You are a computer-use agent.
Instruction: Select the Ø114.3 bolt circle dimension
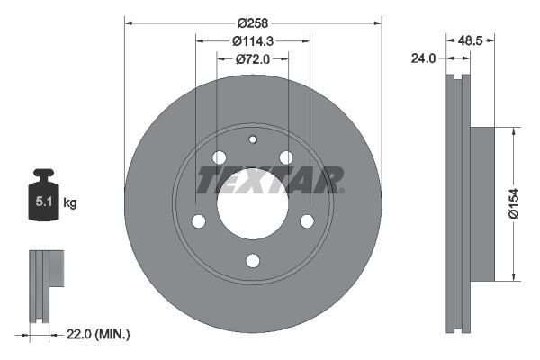[x=253, y=40]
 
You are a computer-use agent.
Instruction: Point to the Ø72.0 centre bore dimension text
[x=253, y=59]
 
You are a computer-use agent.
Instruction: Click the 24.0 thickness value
[x=424, y=58]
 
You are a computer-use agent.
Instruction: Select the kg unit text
[x=70, y=203]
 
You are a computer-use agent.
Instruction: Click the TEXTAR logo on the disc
[x=269, y=181]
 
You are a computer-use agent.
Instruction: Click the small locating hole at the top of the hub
[x=253, y=139]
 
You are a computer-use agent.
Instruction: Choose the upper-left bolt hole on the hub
[x=219, y=158]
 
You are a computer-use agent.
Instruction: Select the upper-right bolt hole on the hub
[x=286, y=158]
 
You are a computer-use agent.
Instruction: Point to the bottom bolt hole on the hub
[x=253, y=261]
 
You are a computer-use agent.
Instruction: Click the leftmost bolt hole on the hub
[x=199, y=221]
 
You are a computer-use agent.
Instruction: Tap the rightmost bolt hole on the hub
[x=307, y=221]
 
